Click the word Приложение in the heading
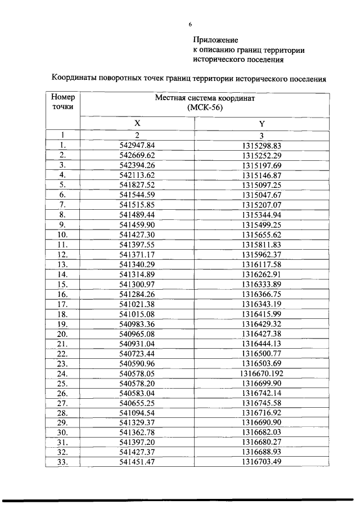point(215,40)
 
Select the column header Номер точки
point(63,102)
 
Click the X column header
point(137,123)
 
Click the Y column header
point(261,123)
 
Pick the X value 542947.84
point(137,145)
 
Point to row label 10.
point(63,234)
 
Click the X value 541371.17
point(137,254)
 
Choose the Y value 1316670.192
point(261,373)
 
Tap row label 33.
point(63,462)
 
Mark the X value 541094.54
point(137,413)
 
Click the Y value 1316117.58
point(261,264)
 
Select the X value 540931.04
point(137,343)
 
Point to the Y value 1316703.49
point(261,462)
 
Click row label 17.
point(63,304)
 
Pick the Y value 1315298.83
point(261,145)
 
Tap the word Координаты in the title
point(74,79)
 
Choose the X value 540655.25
point(137,403)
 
